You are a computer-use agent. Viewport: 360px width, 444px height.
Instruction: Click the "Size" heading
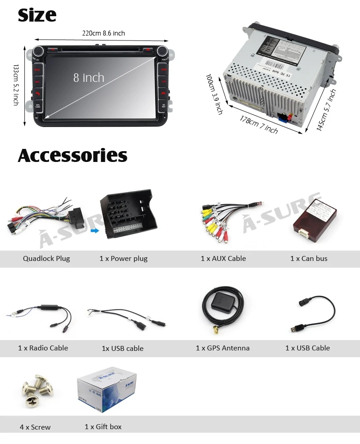point(37,15)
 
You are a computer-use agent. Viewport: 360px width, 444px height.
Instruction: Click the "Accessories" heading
point(72,156)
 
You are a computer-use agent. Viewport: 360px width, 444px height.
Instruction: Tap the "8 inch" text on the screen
point(89,78)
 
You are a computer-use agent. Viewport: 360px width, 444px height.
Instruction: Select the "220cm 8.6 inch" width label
point(103,33)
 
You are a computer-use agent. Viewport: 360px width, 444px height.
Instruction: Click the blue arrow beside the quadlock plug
point(94,231)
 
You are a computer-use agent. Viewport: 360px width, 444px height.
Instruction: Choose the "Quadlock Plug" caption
point(46,259)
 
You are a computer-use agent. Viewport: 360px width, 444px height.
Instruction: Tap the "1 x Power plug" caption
point(123,259)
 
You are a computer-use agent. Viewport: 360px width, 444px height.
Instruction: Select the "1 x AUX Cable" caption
point(223,259)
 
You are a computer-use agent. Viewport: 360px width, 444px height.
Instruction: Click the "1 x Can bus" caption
point(309,259)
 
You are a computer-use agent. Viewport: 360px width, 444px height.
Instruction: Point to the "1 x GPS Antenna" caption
point(222,348)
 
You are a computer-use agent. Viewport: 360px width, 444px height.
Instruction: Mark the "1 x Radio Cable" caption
point(43,348)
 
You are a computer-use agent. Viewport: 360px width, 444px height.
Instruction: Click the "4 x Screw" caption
point(35,427)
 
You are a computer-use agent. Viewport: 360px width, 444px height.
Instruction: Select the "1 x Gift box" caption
point(103,427)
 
